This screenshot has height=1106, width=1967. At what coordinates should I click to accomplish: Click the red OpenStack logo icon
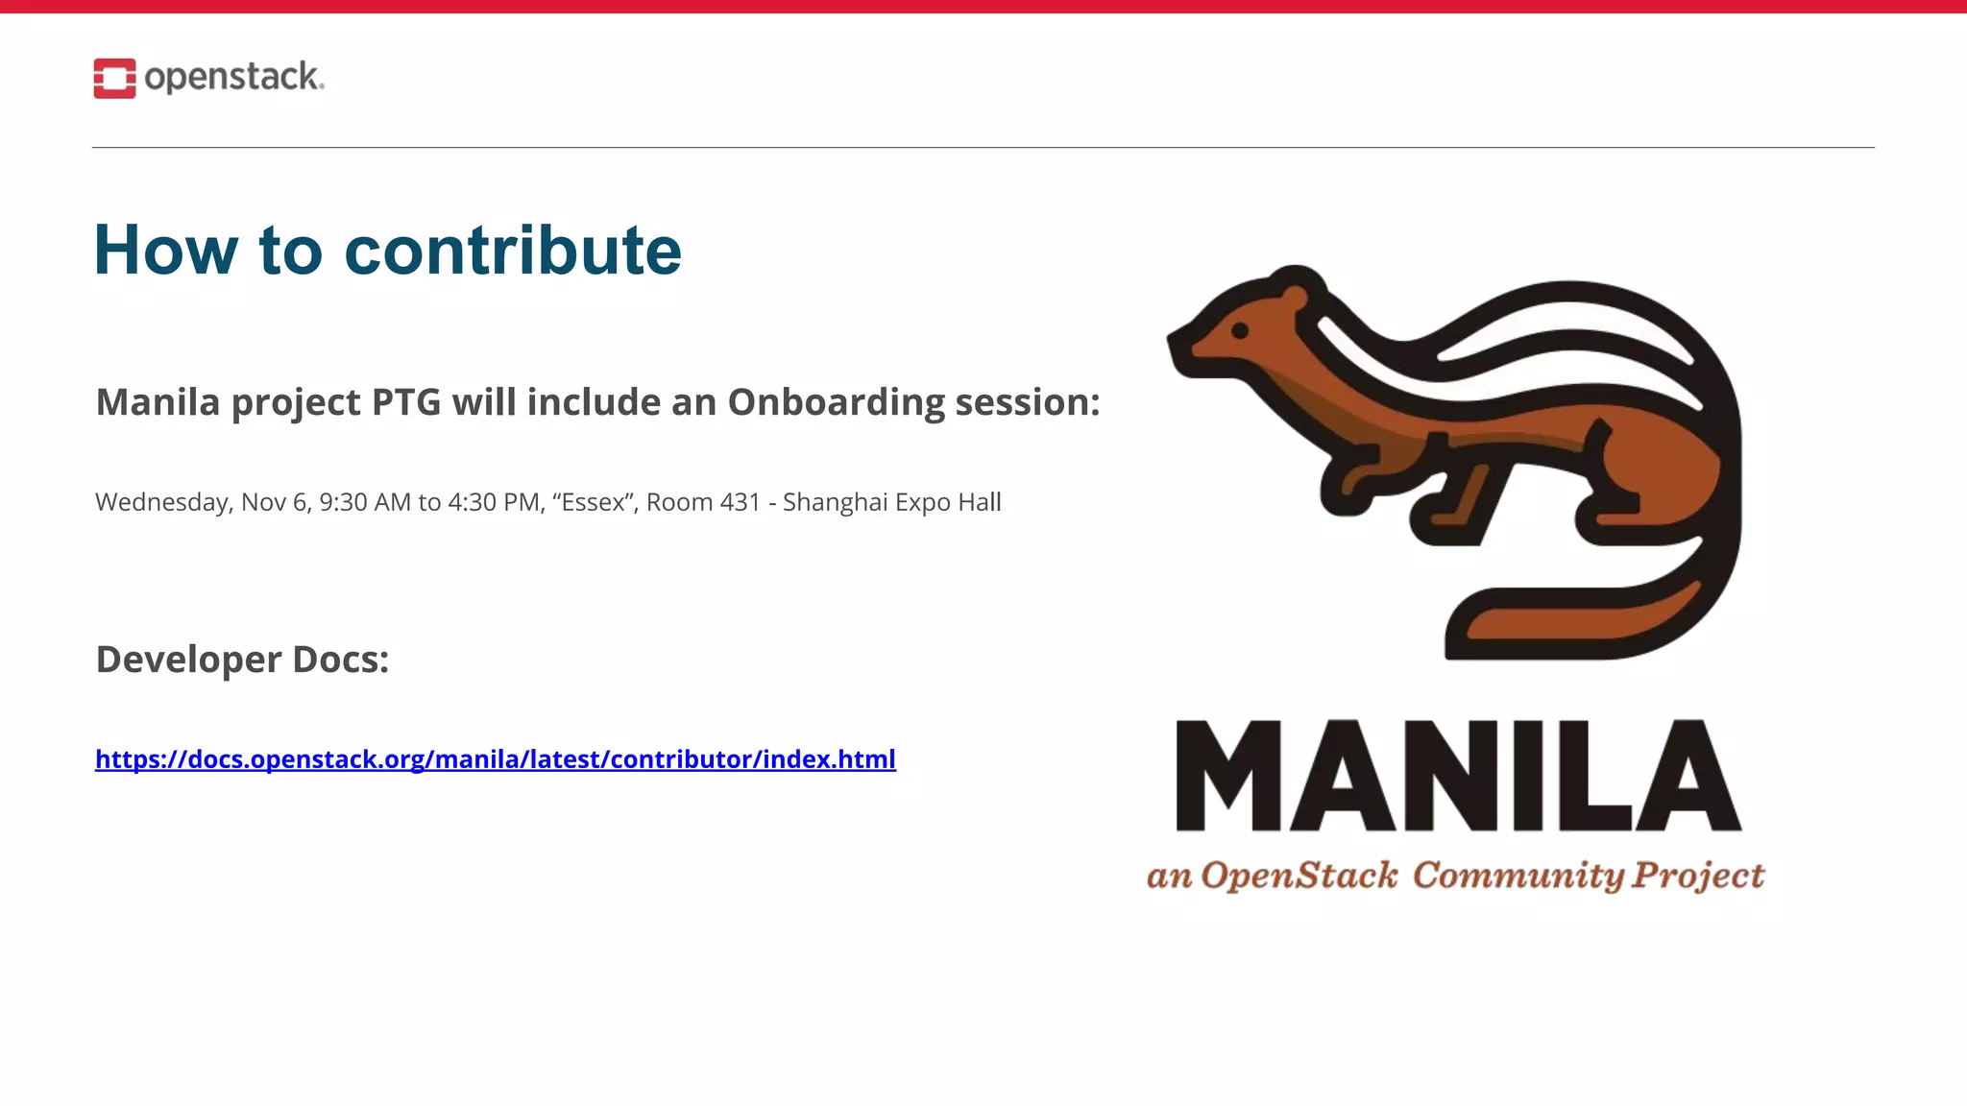coord(114,79)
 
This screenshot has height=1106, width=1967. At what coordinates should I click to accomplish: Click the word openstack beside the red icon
coord(233,77)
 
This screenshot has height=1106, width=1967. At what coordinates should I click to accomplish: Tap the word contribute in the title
coord(513,251)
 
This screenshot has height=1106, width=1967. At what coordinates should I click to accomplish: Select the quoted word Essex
coord(593,502)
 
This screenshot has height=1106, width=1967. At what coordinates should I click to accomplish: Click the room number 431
coord(740,502)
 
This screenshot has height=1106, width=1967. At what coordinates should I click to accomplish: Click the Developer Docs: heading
coord(242,660)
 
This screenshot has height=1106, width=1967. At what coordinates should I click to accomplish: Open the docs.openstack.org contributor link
coord(495,759)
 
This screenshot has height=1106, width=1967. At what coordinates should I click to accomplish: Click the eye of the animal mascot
coord(1240,331)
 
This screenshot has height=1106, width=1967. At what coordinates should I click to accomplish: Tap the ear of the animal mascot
coord(1296,295)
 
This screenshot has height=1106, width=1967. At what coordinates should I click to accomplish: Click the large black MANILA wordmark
coord(1458,776)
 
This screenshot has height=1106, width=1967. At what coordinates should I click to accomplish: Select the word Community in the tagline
coord(1518,876)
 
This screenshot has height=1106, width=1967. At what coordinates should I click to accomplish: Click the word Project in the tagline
coord(1698,876)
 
